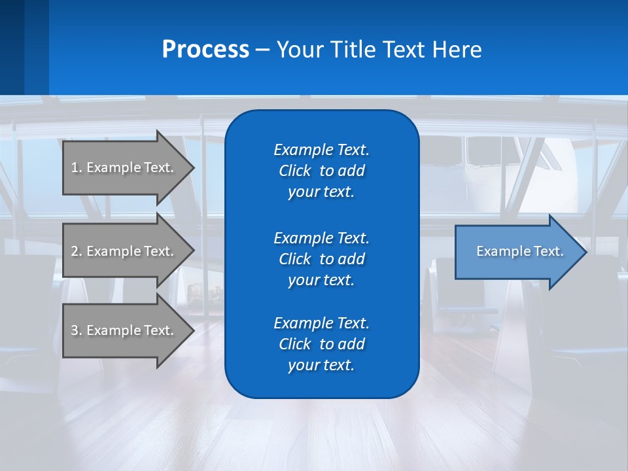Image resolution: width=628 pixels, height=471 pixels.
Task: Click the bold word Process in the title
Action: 205,50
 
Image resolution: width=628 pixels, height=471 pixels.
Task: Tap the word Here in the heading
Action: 457,50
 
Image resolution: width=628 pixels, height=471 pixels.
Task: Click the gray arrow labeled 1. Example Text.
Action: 124,167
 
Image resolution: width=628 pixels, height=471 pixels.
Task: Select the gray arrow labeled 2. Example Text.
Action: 124,251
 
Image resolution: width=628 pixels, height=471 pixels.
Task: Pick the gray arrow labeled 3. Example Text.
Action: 124,330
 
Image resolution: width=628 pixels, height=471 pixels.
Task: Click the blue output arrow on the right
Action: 517,251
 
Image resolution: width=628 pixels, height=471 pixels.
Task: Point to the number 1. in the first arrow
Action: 76,167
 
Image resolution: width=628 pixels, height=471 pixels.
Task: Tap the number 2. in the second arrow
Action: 76,251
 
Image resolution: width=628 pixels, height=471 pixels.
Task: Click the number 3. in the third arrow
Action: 76,330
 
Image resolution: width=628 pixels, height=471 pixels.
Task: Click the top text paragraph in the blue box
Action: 321,171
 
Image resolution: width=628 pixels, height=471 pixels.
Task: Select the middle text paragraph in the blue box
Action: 321,258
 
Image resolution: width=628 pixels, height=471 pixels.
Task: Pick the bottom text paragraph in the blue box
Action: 321,344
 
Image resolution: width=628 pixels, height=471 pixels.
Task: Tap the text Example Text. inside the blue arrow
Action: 519,251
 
